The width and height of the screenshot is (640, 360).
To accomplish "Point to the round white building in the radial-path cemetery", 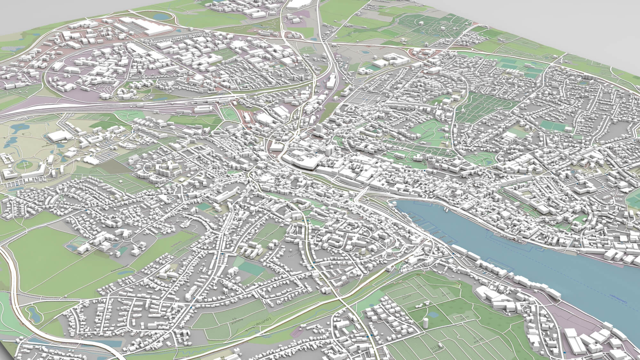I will [x=443, y=28].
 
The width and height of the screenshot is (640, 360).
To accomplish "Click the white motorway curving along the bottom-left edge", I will [x=13, y=282].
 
